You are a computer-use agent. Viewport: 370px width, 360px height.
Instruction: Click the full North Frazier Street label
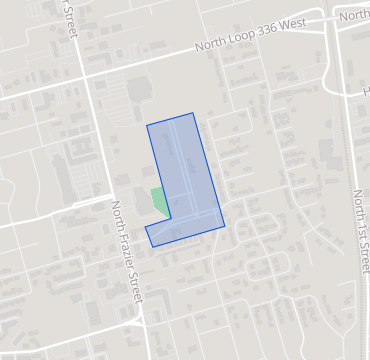(128, 252)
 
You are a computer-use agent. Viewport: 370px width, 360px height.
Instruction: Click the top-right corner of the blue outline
(193, 113)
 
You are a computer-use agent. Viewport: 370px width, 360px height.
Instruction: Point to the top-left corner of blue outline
(147, 126)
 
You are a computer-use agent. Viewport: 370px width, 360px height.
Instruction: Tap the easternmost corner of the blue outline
(224, 225)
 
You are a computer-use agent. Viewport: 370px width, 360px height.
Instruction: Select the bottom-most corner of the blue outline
(153, 247)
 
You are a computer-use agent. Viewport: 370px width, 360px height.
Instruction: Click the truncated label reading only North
(354, 16)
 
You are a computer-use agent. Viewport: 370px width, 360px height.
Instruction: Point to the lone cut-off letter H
(366, 90)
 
